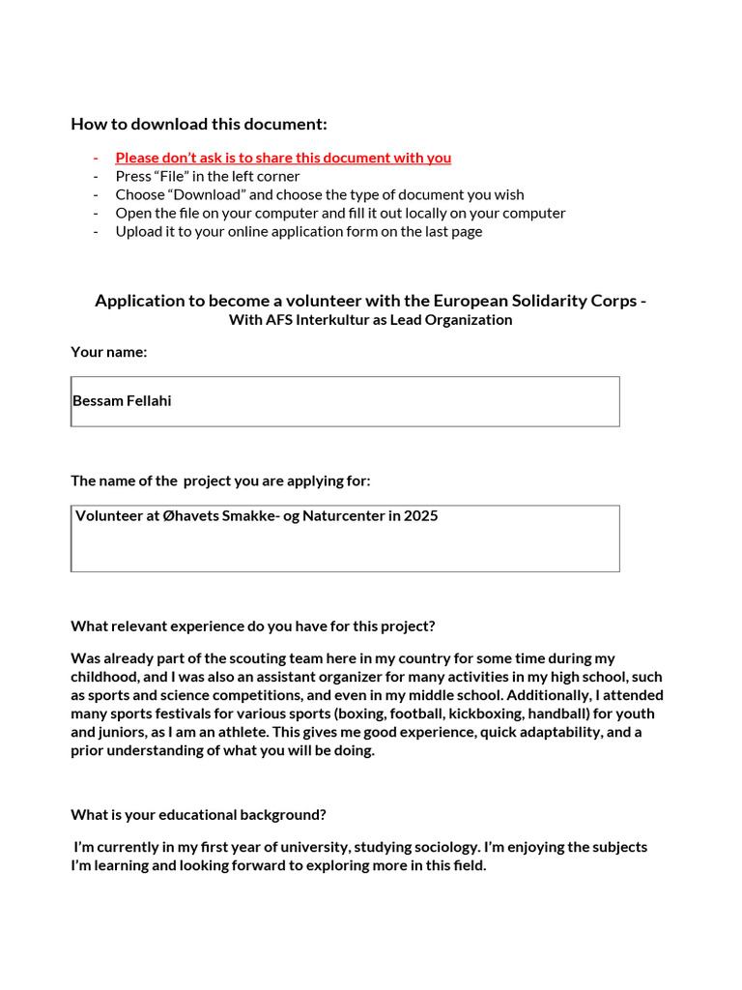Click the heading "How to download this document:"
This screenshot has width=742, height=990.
(199, 124)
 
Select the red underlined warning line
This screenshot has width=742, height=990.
(283, 158)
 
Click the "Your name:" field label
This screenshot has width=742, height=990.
(109, 352)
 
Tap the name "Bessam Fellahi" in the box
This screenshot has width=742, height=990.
(123, 400)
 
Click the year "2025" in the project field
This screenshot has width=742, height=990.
(421, 515)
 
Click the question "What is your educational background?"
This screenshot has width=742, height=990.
(198, 814)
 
